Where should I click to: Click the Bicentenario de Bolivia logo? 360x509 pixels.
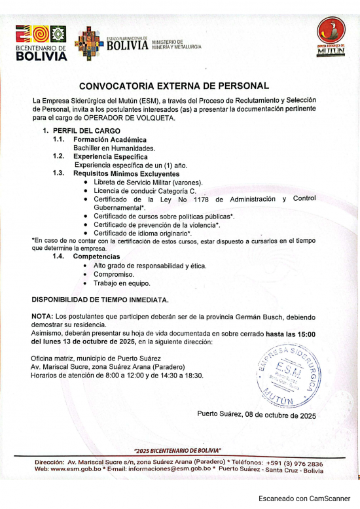pyautogui.click(x=41, y=43)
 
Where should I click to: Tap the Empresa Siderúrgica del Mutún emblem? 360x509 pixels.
pyautogui.click(x=331, y=37)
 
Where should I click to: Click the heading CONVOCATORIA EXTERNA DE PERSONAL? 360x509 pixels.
pyautogui.click(x=174, y=86)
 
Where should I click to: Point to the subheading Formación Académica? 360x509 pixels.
pyautogui.click(x=110, y=140)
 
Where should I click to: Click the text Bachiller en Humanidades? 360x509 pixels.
pyautogui.click(x=109, y=149)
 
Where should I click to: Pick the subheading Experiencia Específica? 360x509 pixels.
pyautogui.click(x=111, y=157)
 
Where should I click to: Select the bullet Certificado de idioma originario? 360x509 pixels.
pyautogui.click(x=142, y=233)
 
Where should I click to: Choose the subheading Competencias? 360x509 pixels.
pyautogui.click(x=97, y=256)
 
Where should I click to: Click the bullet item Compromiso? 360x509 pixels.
pyautogui.click(x=114, y=275)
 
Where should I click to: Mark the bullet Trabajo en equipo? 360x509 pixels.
pyautogui.click(x=122, y=283)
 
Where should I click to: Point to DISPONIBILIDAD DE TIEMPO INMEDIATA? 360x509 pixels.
pyautogui.click(x=100, y=300)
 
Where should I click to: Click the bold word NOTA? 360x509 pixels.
pyautogui.click(x=42, y=317)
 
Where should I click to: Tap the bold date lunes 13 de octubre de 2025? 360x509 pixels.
pyautogui.click(x=84, y=342)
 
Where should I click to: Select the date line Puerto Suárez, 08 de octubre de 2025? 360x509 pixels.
pyautogui.click(x=257, y=415)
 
